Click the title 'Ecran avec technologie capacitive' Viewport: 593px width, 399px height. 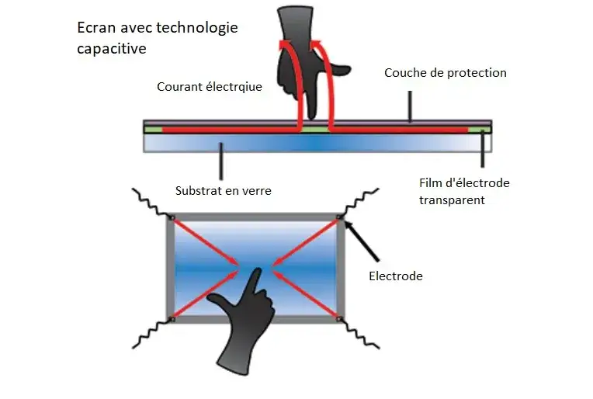click(x=157, y=37)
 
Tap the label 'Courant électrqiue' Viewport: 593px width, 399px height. click(x=210, y=87)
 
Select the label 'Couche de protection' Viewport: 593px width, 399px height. click(x=445, y=73)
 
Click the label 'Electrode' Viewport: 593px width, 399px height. click(x=396, y=276)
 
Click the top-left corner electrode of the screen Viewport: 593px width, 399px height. click(x=172, y=217)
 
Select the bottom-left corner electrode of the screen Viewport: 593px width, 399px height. click(x=172, y=318)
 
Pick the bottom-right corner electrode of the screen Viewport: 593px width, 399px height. click(x=340, y=318)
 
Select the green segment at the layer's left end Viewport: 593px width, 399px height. click(x=152, y=129)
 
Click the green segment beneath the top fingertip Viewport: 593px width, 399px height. click(x=316, y=130)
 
